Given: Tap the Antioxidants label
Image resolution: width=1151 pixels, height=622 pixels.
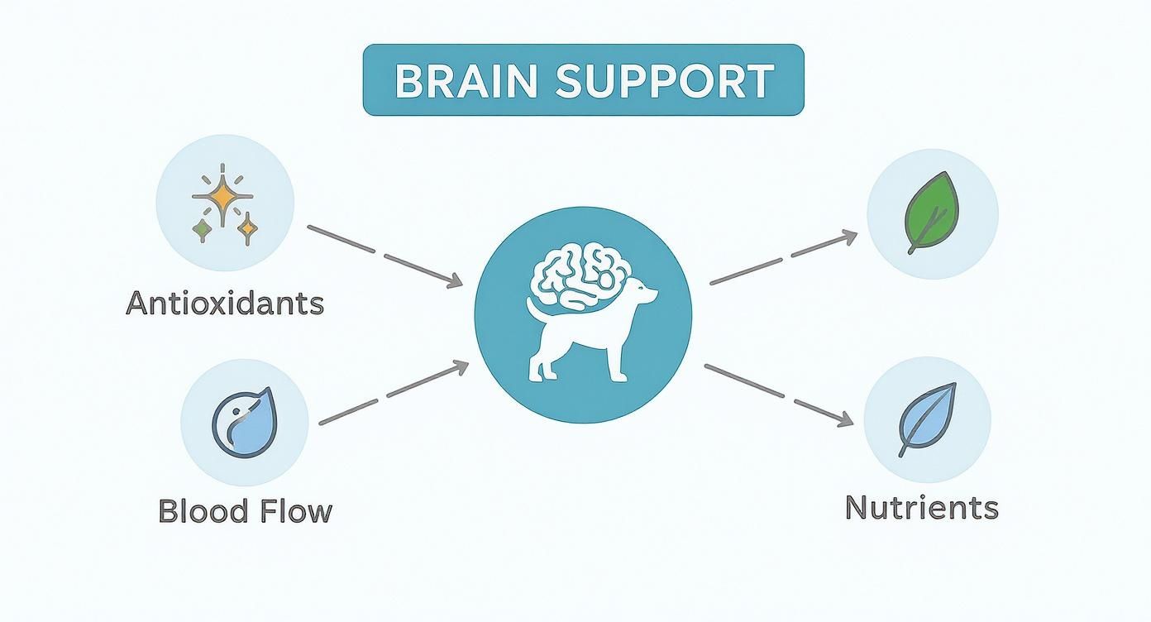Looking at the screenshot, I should [224, 304].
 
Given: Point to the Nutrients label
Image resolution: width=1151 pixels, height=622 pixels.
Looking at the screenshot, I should [921, 507].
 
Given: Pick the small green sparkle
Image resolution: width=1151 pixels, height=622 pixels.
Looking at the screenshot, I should [201, 228].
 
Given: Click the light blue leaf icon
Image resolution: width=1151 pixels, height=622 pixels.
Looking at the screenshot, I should [929, 419].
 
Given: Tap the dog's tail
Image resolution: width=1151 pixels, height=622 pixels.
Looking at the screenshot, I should [533, 310].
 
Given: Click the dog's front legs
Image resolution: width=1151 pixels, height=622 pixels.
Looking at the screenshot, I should [616, 360].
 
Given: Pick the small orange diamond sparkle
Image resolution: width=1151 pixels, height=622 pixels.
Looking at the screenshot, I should [246, 228].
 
